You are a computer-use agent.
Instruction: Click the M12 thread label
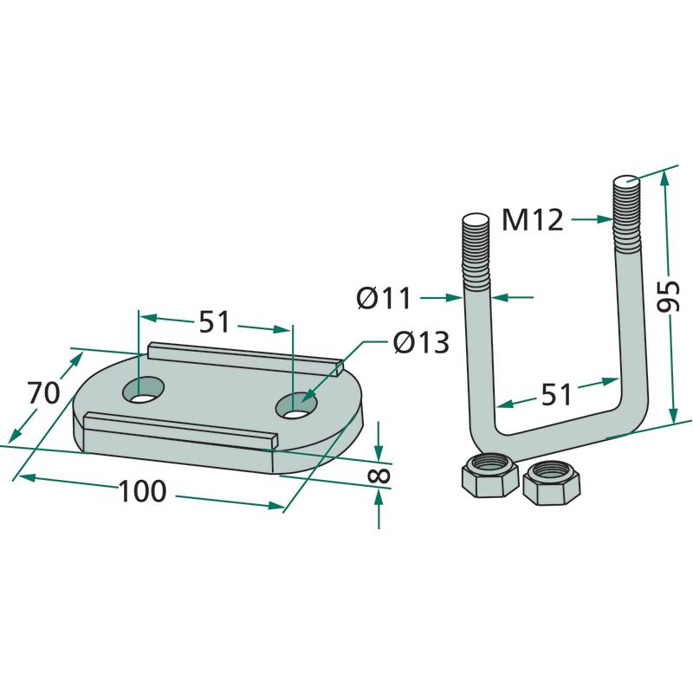(x=533, y=220)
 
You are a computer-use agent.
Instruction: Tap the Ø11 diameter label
(x=384, y=298)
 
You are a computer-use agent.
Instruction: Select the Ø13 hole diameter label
(x=421, y=342)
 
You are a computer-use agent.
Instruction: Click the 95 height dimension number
(x=667, y=296)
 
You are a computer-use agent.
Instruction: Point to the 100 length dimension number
(x=142, y=491)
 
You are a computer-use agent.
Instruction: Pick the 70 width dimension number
(x=43, y=393)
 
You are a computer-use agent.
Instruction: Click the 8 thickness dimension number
(x=379, y=475)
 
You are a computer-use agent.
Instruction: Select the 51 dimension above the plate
(x=214, y=321)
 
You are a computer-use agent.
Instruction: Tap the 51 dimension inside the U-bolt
(x=556, y=395)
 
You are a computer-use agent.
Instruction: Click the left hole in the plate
(x=143, y=390)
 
